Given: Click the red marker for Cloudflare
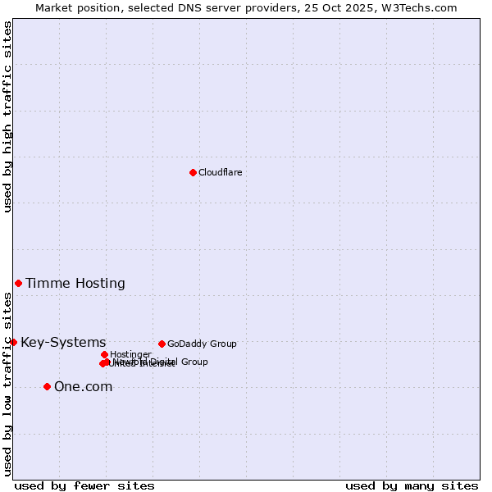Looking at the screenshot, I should (193, 172).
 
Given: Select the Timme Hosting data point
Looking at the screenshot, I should (18, 283).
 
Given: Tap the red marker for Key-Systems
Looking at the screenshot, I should (13, 342).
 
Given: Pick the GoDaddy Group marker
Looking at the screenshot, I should (162, 344).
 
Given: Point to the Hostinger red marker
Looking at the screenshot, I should (104, 354).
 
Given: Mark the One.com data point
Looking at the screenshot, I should (47, 386).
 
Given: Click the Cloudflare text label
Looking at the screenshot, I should (220, 172).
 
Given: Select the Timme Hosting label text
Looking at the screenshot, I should (75, 284).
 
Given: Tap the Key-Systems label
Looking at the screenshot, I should (63, 343).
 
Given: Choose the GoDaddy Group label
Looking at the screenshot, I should (202, 344).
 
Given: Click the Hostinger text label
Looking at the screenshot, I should (130, 354).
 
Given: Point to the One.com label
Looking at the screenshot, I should (83, 387).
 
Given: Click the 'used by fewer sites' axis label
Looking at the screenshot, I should (84, 485).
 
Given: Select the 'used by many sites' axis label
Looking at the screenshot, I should (412, 485).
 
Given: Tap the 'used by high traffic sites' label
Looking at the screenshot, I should (7, 117).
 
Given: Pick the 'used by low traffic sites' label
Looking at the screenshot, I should (7, 384).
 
